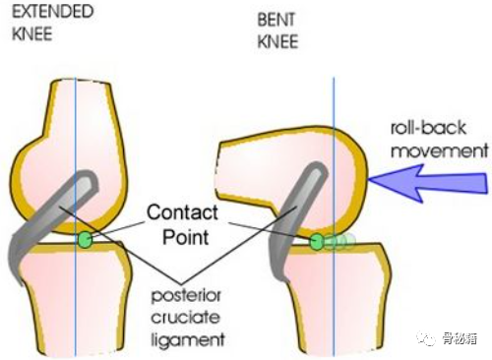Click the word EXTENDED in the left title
click(x=53, y=12)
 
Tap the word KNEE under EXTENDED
click(x=32, y=33)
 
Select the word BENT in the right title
click(x=276, y=20)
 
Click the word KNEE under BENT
click(x=277, y=41)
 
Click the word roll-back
click(x=428, y=128)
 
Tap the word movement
click(x=440, y=151)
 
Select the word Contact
click(x=182, y=212)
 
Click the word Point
click(x=186, y=237)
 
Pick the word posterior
click(x=186, y=296)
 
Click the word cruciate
click(x=185, y=318)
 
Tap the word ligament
click(x=188, y=339)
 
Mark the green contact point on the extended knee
click(x=86, y=239)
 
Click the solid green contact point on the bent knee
click(x=317, y=242)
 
